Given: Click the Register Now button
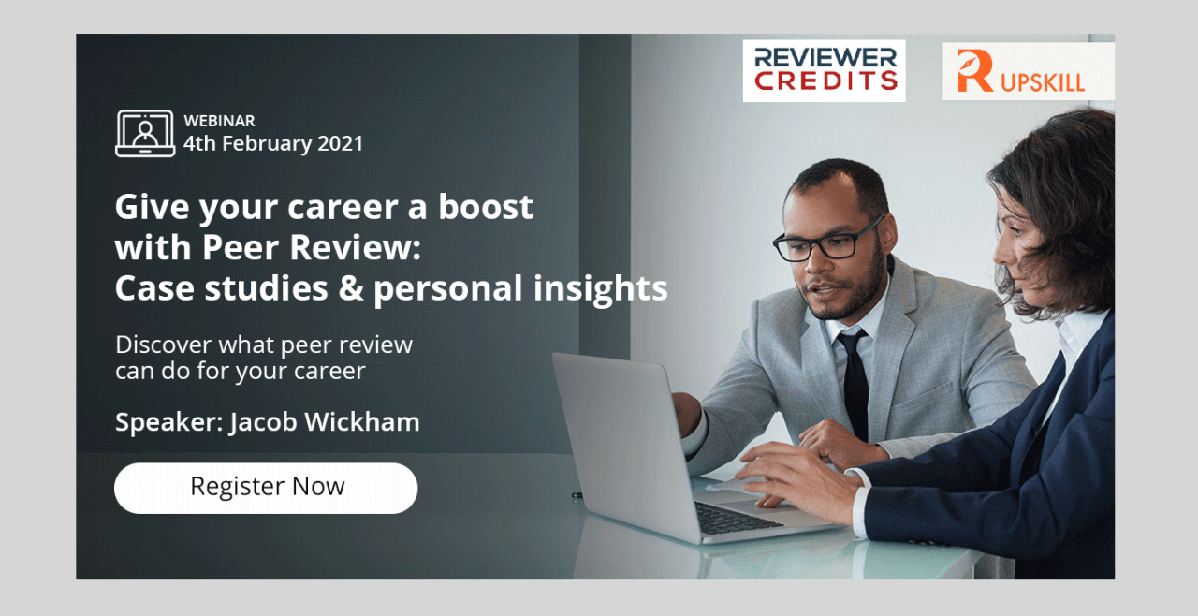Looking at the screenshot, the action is click(x=266, y=488).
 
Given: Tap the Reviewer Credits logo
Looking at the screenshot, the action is click(x=825, y=70).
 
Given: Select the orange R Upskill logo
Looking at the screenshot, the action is click(x=1028, y=72).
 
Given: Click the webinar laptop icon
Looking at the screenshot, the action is click(x=145, y=133).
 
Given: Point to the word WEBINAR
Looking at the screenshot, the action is click(x=219, y=121).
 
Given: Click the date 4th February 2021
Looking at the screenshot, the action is click(x=273, y=143).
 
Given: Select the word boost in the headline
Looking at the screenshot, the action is click(x=486, y=206).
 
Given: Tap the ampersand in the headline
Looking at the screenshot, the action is click(x=351, y=287).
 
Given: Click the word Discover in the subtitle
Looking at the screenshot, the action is click(x=164, y=345).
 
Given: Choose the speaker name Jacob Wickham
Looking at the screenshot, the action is click(x=325, y=422).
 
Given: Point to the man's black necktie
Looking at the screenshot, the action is click(x=855, y=382).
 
